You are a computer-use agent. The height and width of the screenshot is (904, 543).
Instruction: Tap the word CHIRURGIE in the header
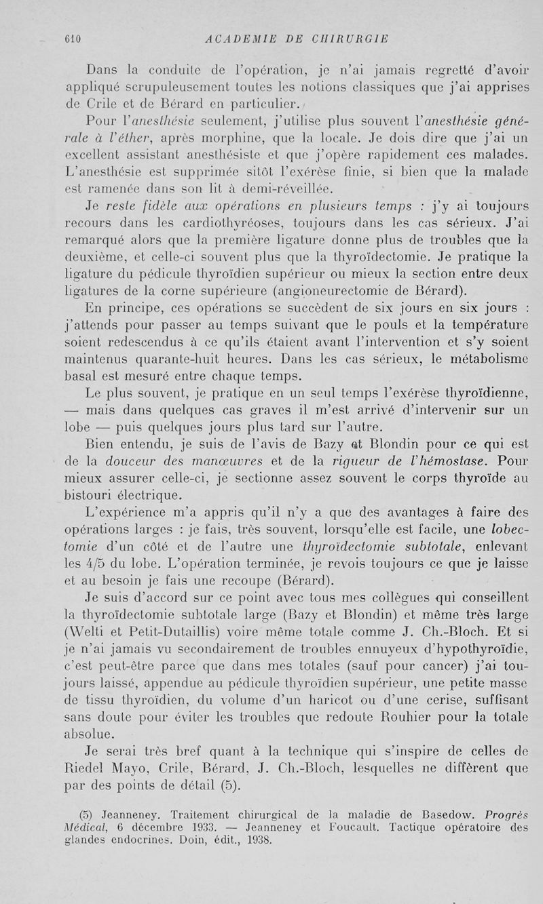coord(345,39)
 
